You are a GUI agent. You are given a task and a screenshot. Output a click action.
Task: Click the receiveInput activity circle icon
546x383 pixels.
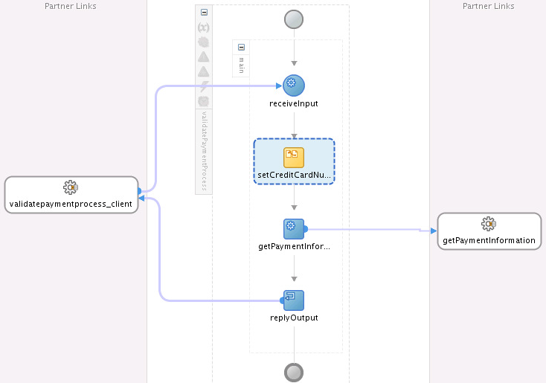[x=294, y=86]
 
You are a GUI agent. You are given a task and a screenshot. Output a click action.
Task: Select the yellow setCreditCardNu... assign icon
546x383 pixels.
[x=294, y=158]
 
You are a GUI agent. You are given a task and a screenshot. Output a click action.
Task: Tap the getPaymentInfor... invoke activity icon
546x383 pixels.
[x=294, y=229]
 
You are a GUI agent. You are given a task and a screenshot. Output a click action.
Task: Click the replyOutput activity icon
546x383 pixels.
[x=294, y=300]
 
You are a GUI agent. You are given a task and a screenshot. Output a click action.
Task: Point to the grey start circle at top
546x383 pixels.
[x=294, y=19]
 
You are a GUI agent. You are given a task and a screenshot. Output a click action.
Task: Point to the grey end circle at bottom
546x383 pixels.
[x=294, y=373]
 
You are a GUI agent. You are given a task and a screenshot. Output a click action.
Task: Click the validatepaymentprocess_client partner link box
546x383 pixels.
[x=71, y=195]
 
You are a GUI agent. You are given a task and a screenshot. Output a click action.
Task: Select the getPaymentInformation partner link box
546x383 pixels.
[x=489, y=231]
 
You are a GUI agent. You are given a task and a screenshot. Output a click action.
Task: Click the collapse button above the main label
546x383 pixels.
[x=241, y=47]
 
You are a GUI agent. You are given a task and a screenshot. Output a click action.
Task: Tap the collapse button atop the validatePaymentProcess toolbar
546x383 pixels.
[x=204, y=12]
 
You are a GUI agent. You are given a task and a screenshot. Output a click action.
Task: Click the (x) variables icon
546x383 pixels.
[x=204, y=28]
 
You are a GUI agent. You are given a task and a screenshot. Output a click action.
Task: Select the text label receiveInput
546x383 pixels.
[x=294, y=104]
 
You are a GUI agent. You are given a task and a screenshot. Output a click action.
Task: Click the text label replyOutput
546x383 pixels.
[x=294, y=318]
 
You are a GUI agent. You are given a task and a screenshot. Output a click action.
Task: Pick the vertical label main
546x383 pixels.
[x=241, y=65]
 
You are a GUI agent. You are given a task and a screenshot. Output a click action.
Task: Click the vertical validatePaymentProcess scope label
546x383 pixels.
[x=205, y=151]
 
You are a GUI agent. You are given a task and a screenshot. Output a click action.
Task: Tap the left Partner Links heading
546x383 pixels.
[x=71, y=6]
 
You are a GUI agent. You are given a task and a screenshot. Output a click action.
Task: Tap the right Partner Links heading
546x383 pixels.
[x=488, y=6]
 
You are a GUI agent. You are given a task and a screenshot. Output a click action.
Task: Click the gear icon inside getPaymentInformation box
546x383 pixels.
[x=489, y=224]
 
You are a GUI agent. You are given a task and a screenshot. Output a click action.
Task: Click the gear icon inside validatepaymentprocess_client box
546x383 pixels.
[x=71, y=187]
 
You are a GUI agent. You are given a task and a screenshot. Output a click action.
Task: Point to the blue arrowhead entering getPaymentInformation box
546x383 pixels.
[x=434, y=231]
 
